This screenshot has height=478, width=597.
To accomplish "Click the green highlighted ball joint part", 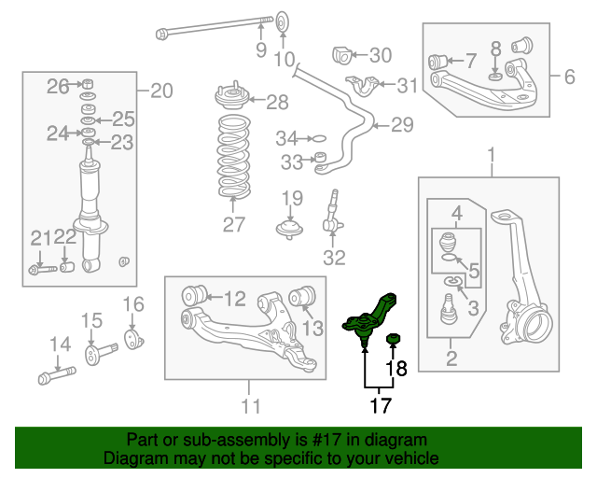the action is [x=368, y=318].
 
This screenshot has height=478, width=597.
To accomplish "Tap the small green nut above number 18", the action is [x=393, y=339].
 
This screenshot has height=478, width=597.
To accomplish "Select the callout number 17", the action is [x=381, y=405].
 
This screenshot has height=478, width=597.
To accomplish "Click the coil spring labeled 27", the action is [x=234, y=156].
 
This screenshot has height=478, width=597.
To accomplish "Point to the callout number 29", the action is [x=402, y=125].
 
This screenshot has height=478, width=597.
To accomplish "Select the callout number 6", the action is [x=570, y=77].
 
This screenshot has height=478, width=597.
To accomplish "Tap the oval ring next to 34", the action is [x=319, y=138].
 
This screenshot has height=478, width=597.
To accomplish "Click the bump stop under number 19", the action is [x=290, y=230].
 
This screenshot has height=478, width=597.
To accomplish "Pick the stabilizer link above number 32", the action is [x=332, y=214].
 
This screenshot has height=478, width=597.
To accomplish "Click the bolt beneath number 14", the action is [x=57, y=375].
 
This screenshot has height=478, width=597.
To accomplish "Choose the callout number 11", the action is [x=251, y=406].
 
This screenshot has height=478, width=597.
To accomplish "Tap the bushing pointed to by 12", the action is [x=194, y=295].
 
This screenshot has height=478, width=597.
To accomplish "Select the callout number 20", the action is [x=161, y=91].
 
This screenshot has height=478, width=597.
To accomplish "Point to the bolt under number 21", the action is [x=43, y=270].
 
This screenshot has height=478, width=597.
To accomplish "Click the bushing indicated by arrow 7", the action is [x=437, y=63].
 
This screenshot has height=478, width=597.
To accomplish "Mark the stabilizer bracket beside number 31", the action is [x=363, y=86].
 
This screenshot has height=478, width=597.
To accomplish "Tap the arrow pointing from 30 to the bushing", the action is [x=359, y=55].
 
